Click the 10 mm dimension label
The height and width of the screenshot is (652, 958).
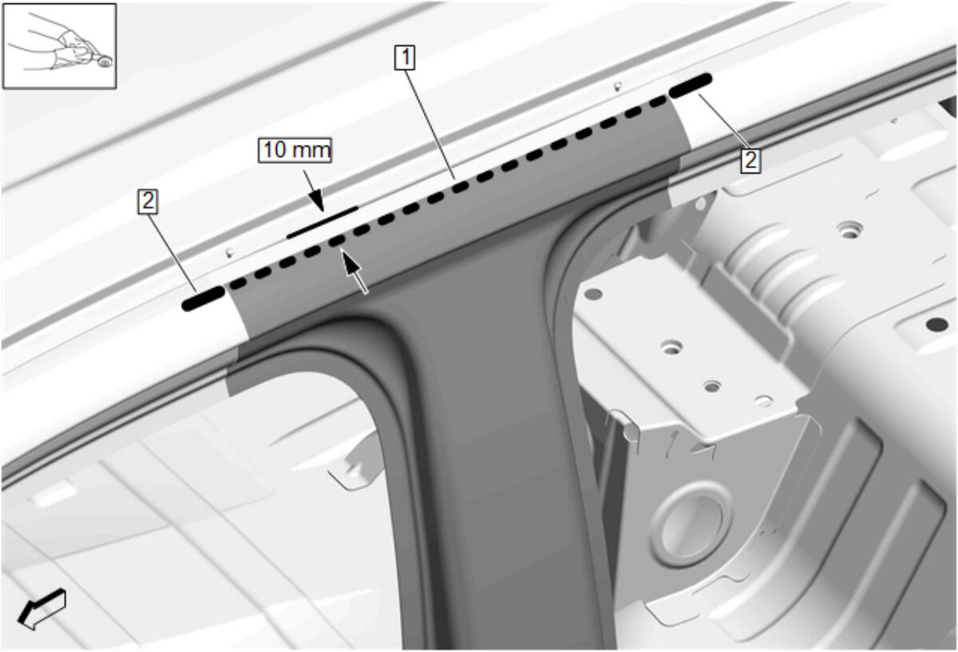(295, 150)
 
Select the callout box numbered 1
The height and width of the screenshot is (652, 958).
(405, 57)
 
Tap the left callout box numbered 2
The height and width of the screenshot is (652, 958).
(148, 201)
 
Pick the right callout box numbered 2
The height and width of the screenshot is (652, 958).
(751, 160)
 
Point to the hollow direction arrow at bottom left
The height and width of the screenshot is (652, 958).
(42, 610)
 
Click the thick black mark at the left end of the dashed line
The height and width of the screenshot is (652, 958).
(203, 298)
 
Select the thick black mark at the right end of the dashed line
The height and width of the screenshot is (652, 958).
(691, 85)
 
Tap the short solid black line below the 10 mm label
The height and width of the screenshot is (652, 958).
(323, 223)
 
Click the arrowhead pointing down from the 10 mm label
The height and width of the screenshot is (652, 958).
(317, 202)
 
